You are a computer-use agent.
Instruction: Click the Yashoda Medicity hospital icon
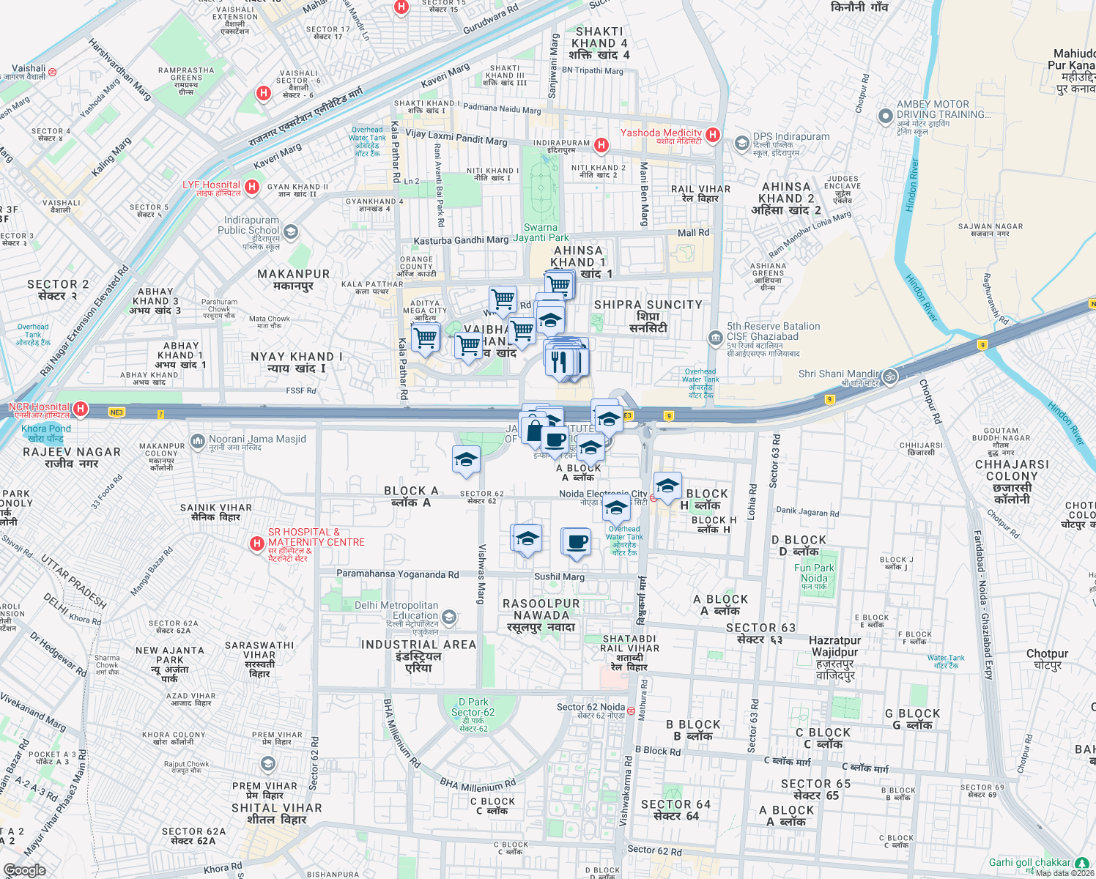click(x=713, y=135)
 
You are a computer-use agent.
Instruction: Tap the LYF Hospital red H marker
click(x=252, y=187)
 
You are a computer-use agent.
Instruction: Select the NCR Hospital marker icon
click(x=81, y=409)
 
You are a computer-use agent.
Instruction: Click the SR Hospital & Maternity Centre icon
click(x=256, y=543)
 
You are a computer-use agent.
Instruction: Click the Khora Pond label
click(x=46, y=433)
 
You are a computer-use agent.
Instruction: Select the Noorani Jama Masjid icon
click(x=197, y=441)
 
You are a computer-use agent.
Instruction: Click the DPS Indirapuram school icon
click(x=741, y=142)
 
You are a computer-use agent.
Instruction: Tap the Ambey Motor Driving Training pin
click(x=886, y=116)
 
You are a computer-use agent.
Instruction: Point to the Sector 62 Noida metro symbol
click(x=631, y=711)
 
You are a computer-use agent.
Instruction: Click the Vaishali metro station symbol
click(x=52, y=72)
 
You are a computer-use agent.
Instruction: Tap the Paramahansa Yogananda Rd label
click(x=397, y=574)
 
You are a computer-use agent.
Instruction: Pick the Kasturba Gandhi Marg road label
click(x=461, y=240)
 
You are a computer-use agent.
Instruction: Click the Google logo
click(x=25, y=869)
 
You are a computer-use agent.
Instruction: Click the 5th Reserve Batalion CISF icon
click(x=715, y=337)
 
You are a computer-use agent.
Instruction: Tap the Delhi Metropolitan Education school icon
click(x=449, y=617)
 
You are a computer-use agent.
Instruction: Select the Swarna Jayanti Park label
click(x=541, y=232)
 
